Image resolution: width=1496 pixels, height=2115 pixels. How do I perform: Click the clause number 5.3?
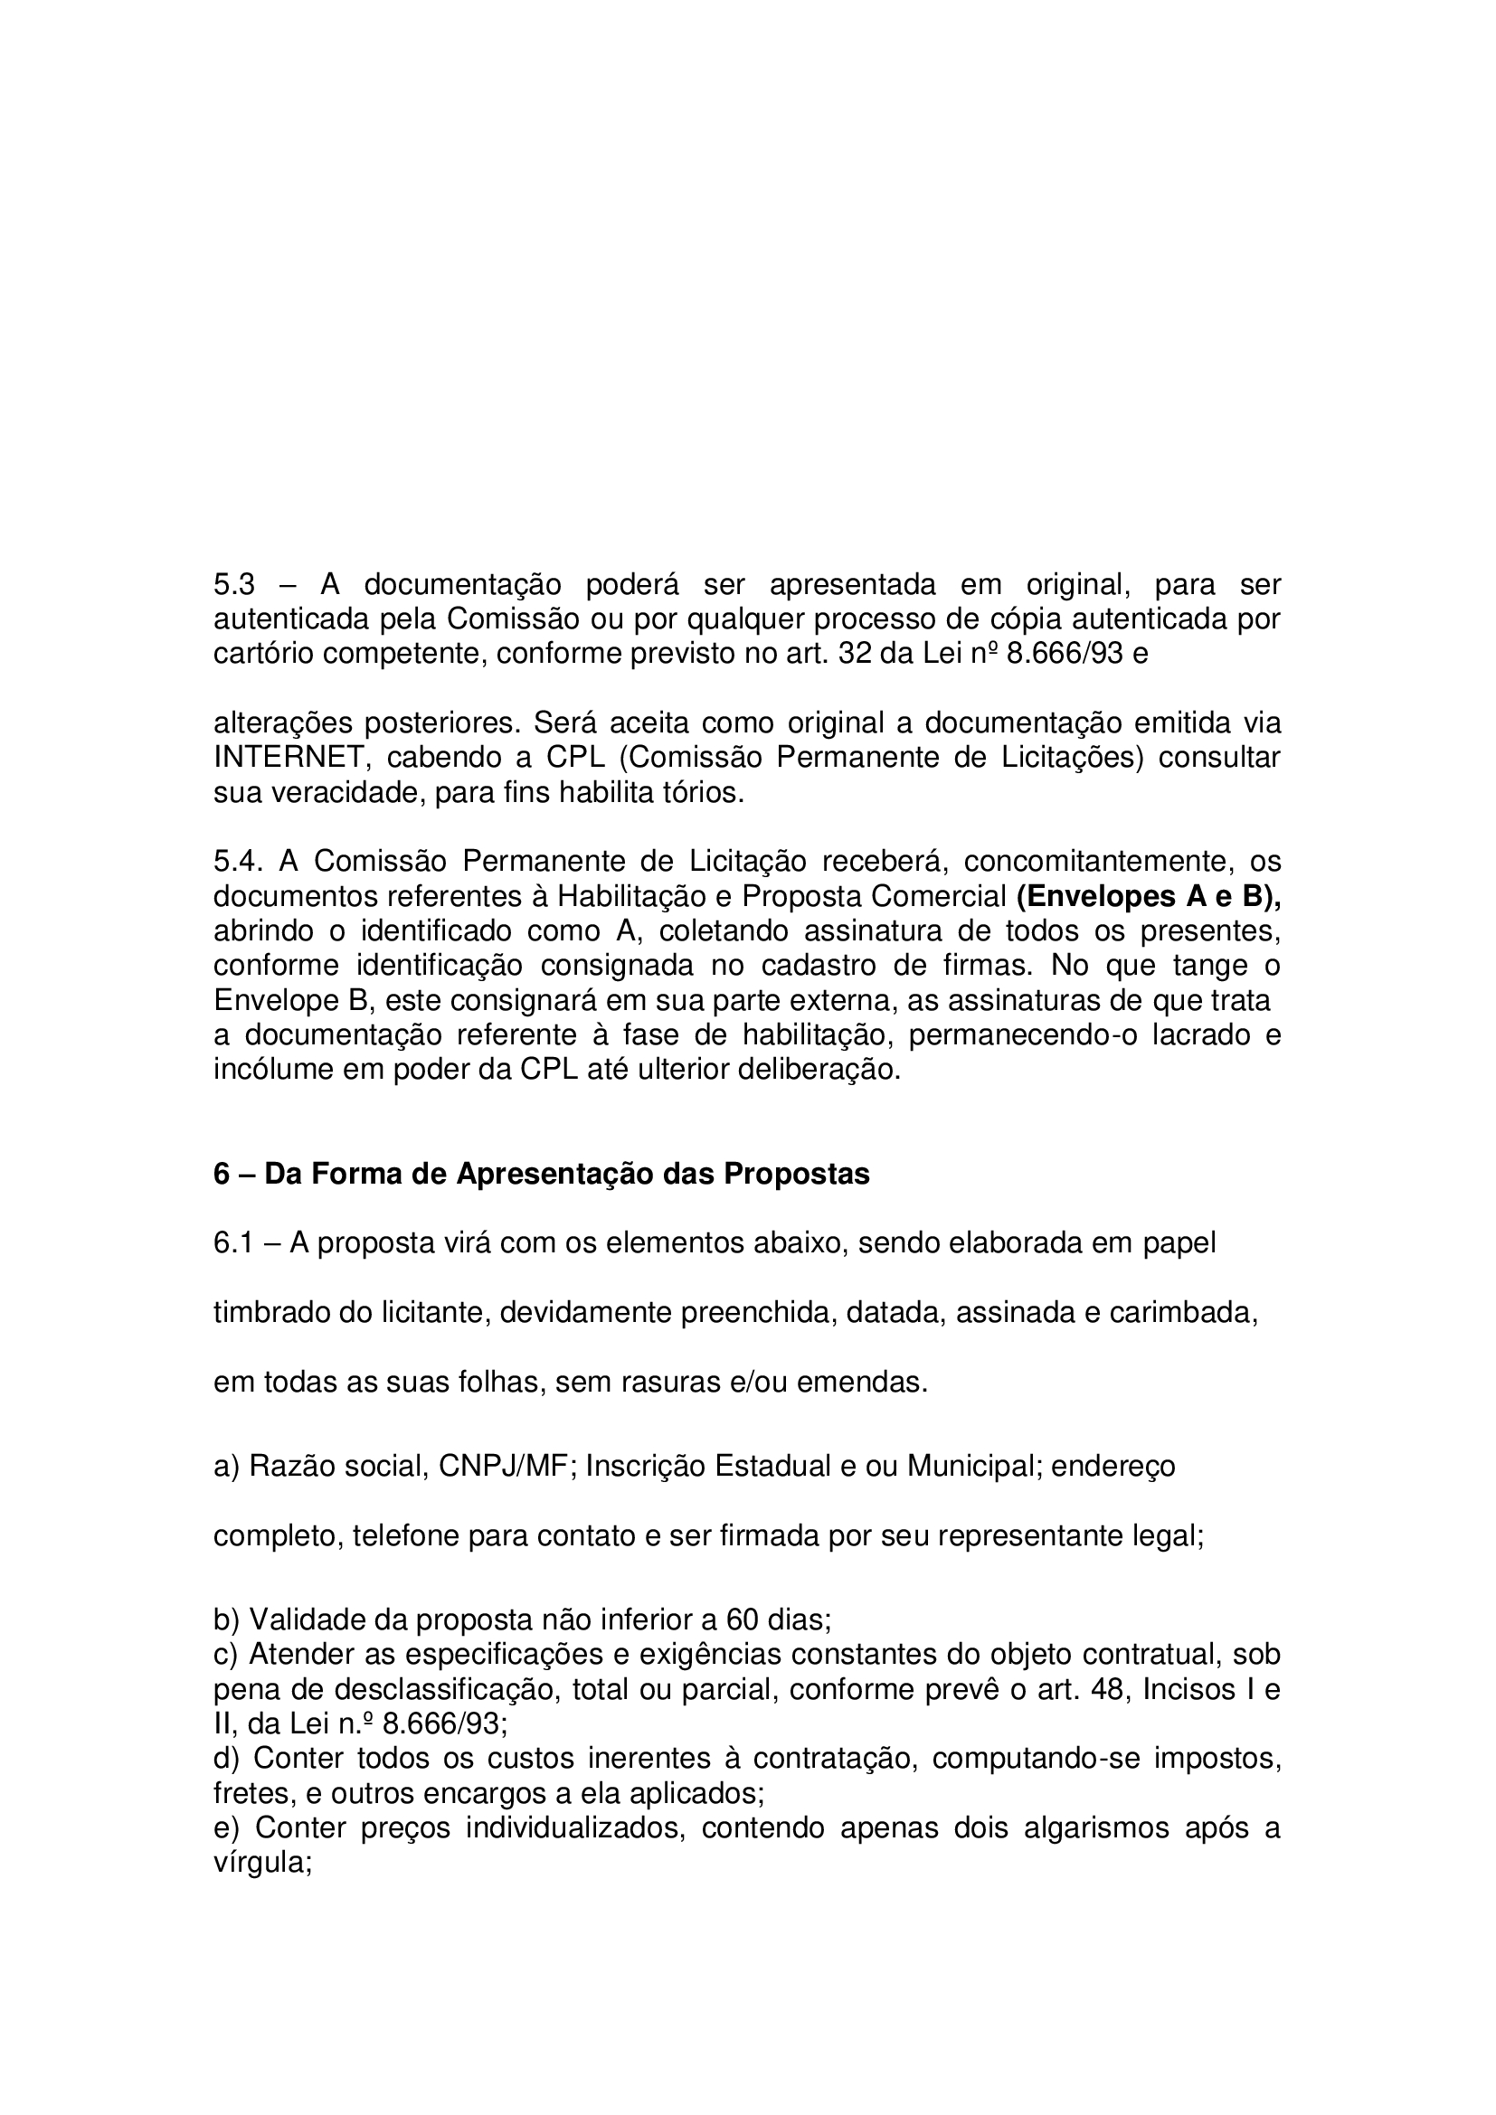click(234, 584)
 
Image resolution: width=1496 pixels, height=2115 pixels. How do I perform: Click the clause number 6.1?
click(234, 1242)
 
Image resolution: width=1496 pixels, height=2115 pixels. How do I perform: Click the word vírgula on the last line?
click(262, 1863)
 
